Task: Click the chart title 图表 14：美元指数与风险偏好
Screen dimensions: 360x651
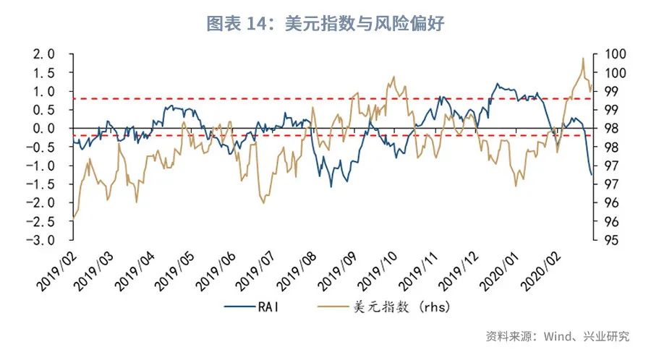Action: [325, 24]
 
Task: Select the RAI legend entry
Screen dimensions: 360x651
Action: [268, 307]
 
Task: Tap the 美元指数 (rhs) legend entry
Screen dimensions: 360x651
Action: [401, 307]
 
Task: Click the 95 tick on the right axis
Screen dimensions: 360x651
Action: [603, 240]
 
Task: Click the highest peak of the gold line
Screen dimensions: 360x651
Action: [582, 59]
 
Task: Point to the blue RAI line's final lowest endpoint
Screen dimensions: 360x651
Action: [591, 175]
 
